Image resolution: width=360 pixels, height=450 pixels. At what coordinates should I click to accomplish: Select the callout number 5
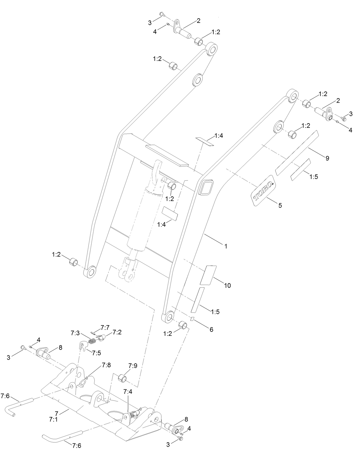pyautogui.click(x=280, y=205)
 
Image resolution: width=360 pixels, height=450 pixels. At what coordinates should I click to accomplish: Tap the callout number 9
pyautogui.click(x=327, y=158)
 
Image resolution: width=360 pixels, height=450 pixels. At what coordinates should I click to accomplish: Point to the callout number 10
pyautogui.click(x=227, y=285)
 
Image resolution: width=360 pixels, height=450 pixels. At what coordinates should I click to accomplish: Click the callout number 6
pyautogui.click(x=211, y=329)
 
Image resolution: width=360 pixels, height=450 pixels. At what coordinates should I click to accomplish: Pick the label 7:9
pyautogui.click(x=133, y=366)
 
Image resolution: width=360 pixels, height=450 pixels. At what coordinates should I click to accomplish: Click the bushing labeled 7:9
pyautogui.click(x=123, y=378)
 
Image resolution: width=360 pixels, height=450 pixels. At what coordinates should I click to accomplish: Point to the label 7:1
pyautogui.click(x=53, y=419)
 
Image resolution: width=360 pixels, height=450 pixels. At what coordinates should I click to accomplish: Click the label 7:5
pyautogui.click(x=96, y=353)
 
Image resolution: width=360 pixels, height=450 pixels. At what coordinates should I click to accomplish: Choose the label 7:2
pyautogui.click(x=117, y=332)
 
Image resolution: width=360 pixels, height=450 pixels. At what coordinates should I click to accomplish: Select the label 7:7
pyautogui.click(x=105, y=327)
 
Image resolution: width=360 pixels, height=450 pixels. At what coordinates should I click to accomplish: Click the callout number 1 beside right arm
pyautogui.click(x=226, y=246)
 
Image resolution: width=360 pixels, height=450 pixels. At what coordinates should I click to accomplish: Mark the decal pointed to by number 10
pyautogui.click(x=208, y=275)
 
